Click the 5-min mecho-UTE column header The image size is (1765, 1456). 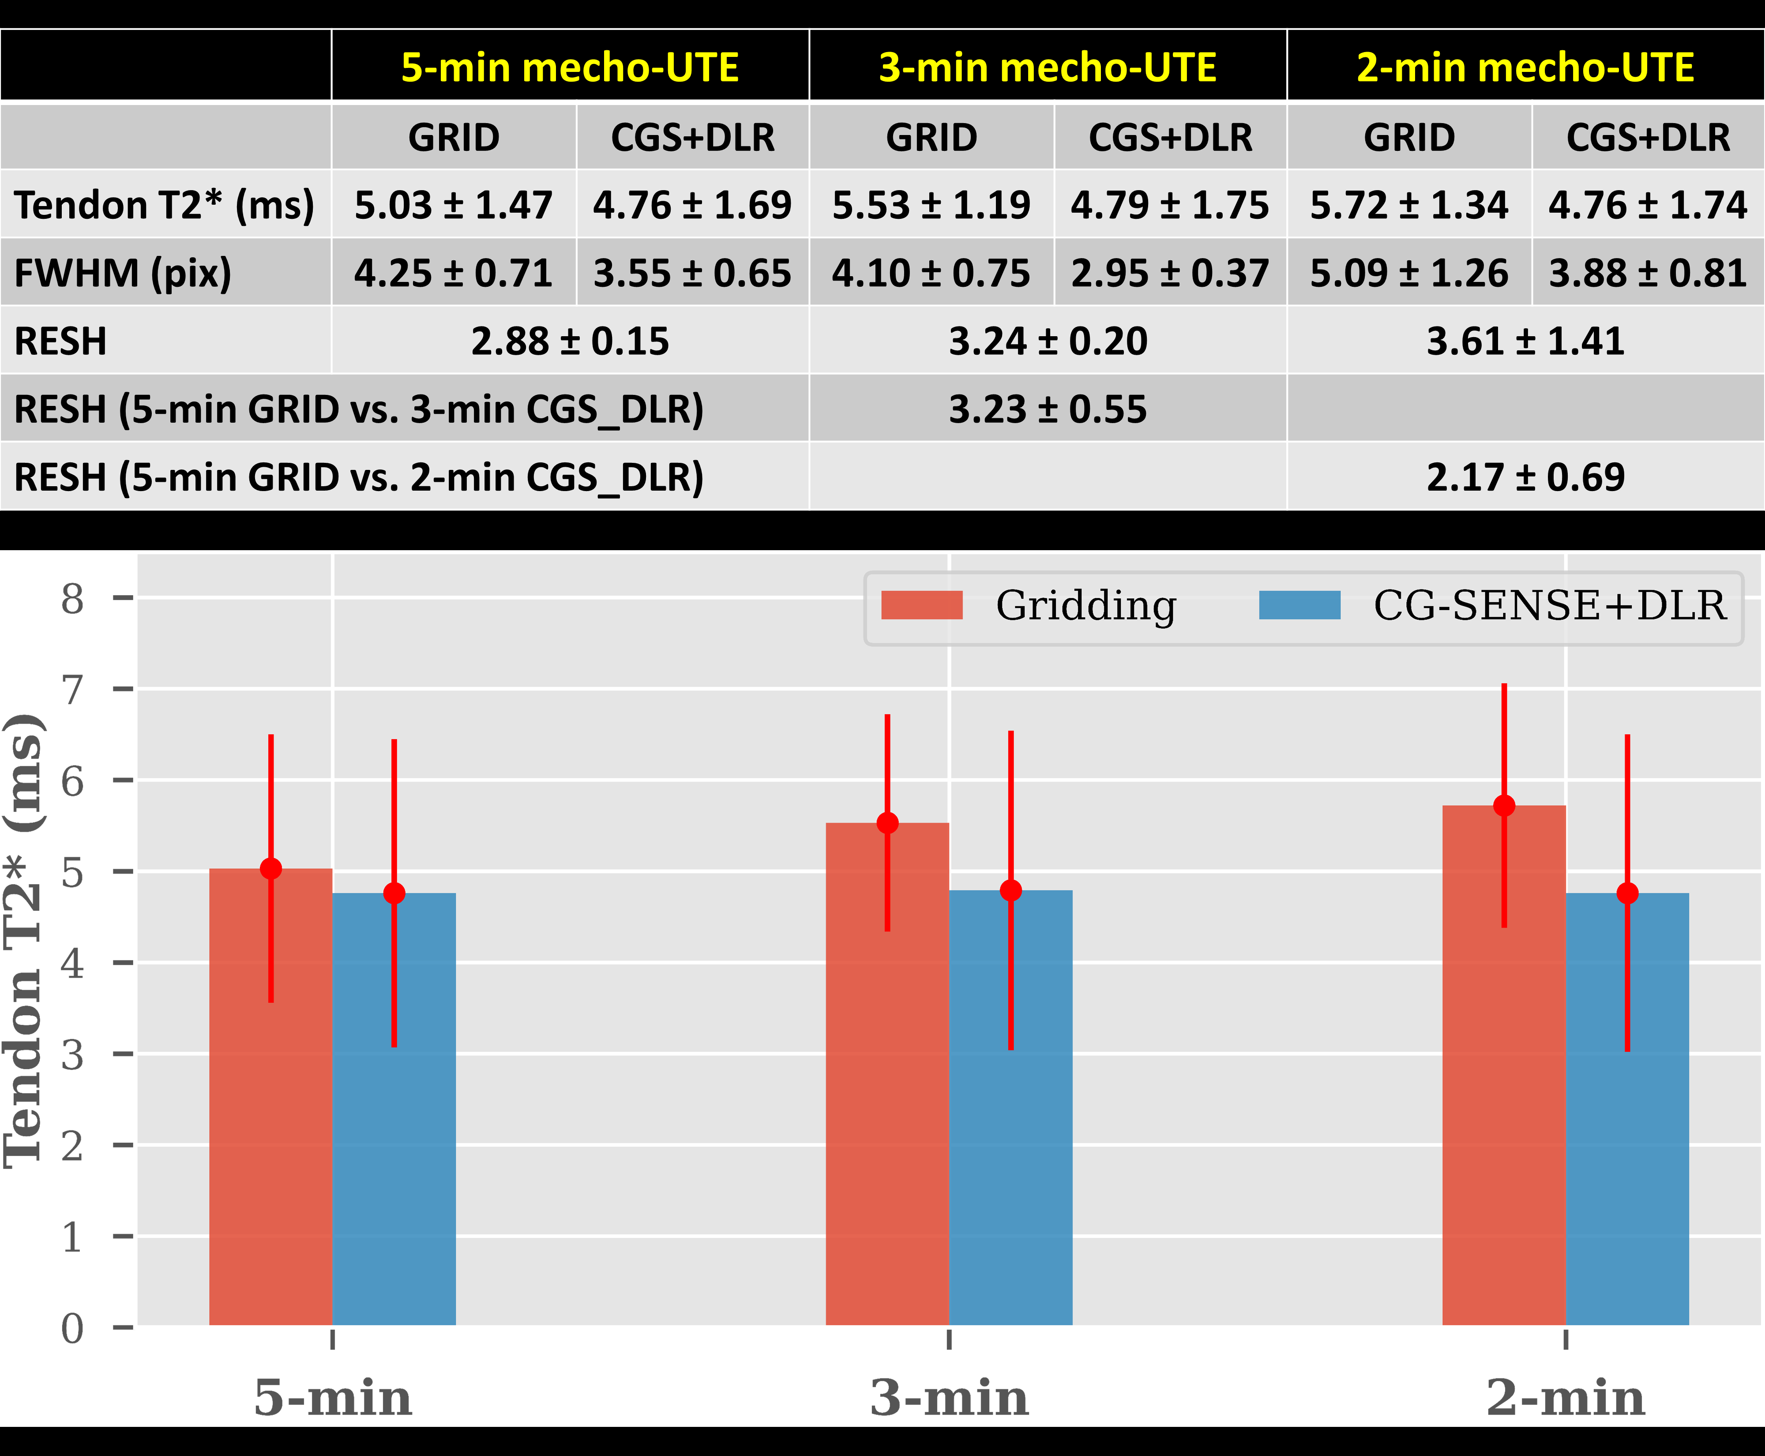point(570,67)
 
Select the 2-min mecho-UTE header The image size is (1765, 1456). point(1525,67)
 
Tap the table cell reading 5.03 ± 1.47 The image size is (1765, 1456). point(453,205)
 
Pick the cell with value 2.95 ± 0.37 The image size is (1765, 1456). point(1169,273)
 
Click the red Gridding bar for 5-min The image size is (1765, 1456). point(271,1097)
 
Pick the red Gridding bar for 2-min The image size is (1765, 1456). point(1504,1065)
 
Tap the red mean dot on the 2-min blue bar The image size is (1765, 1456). point(1627,893)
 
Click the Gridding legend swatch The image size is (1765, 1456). point(922,605)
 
